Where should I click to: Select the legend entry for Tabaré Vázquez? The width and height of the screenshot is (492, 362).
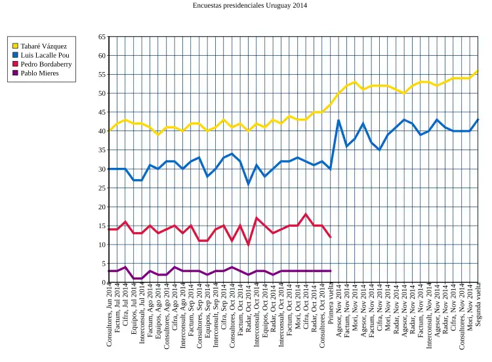[43, 46]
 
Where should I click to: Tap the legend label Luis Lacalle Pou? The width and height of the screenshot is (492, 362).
[45, 55]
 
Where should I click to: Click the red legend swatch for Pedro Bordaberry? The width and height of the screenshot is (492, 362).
[15, 64]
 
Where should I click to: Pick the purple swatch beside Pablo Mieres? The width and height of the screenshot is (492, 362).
[15, 73]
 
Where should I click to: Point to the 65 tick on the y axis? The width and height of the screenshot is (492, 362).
[102, 37]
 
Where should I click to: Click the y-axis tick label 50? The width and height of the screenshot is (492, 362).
[102, 94]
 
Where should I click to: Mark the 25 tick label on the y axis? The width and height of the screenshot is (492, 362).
[102, 188]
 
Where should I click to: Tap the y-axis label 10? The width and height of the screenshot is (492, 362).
[102, 245]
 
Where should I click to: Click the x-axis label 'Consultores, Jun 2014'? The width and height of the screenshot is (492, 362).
[110, 319]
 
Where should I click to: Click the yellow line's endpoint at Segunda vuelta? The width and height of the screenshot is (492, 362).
[478, 71]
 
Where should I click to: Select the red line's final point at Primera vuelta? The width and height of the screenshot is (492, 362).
[331, 237]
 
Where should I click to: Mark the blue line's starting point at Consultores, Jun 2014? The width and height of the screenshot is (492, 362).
[109, 169]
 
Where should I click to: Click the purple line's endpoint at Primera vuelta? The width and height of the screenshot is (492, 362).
[331, 271]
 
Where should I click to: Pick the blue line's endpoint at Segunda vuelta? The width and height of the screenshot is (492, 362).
[478, 120]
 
